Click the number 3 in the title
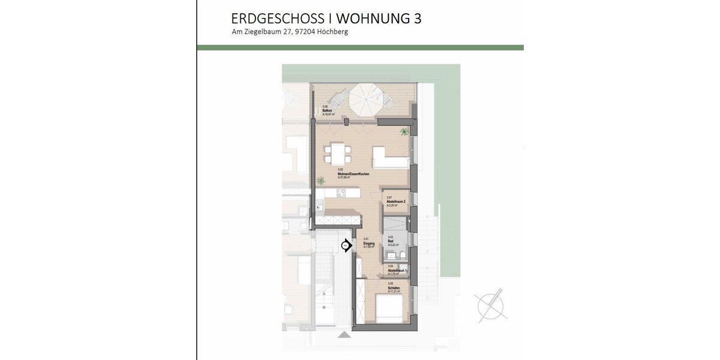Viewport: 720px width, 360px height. [x=417, y=19]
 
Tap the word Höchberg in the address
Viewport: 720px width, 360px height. [x=333, y=32]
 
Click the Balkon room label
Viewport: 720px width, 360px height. [x=327, y=110]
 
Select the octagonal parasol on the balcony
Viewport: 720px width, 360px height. [x=367, y=98]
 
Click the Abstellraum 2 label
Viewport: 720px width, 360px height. [x=397, y=201]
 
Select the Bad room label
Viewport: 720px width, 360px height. [x=390, y=241]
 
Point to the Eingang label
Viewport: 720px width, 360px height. [x=369, y=242]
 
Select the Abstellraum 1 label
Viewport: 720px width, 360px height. [x=398, y=270]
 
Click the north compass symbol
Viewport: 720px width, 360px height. [x=490, y=305]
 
